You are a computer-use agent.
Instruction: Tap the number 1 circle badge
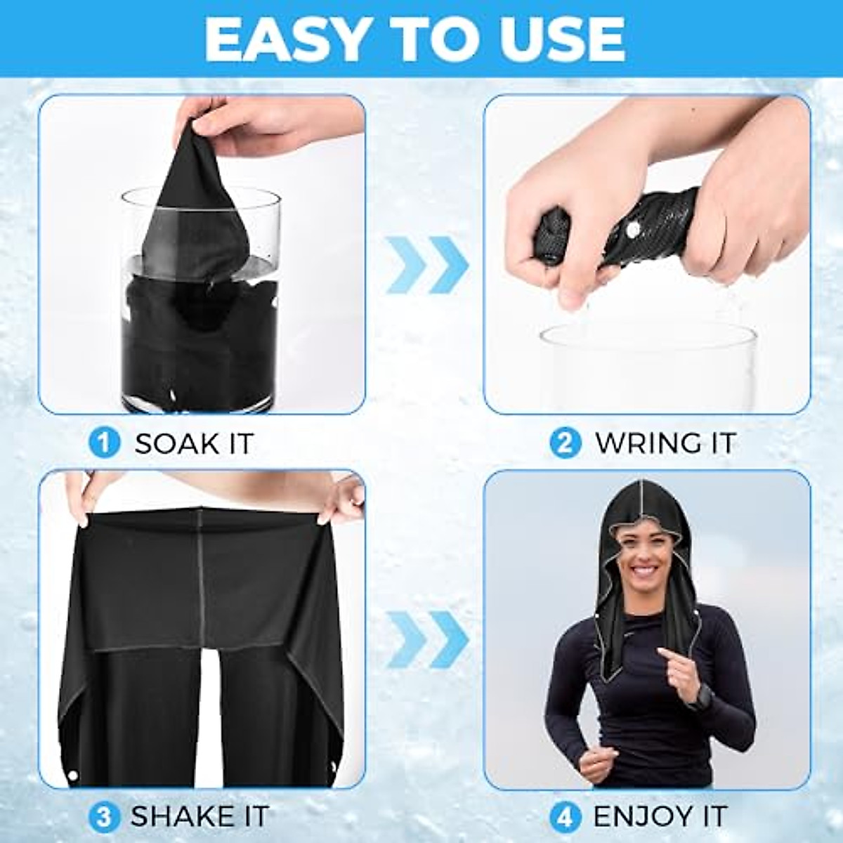104,443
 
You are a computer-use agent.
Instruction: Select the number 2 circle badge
565,443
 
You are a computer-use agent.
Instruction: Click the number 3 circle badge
104,817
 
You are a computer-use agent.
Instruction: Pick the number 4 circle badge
565,817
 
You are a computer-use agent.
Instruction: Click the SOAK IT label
194,444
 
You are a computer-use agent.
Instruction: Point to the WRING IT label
665,443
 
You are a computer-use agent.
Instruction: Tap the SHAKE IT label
200,817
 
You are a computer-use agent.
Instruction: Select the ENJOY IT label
660,817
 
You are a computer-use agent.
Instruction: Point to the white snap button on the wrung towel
632,230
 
